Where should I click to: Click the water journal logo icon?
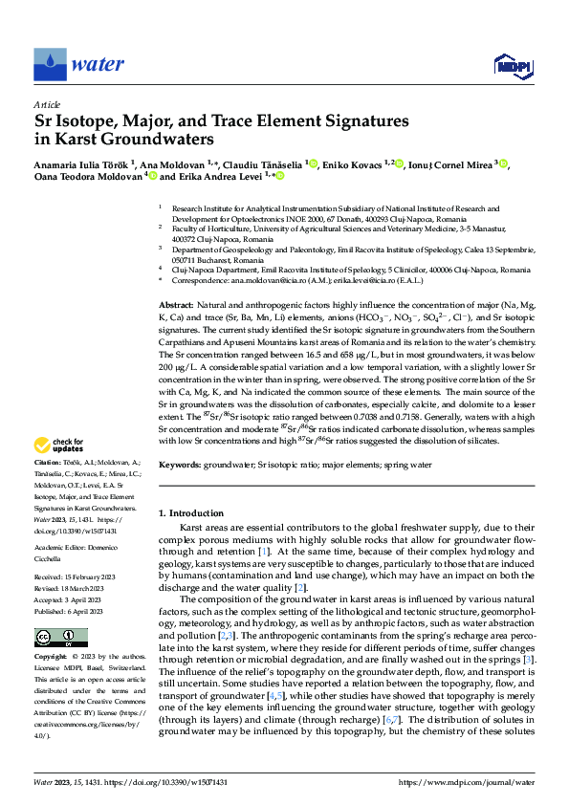point(51,64)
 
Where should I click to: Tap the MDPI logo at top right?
point(512,65)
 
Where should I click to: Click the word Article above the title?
point(47,104)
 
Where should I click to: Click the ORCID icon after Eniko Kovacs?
point(400,163)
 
